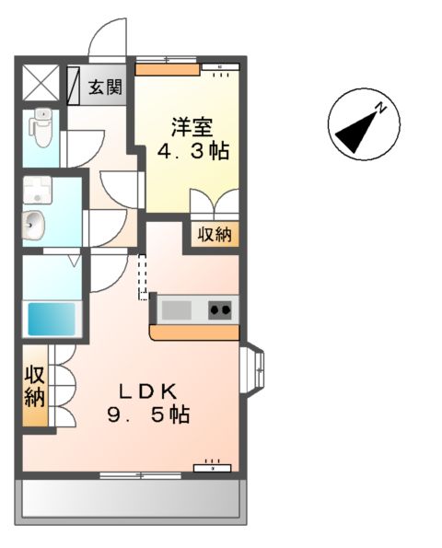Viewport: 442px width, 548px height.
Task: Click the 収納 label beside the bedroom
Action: click(215, 234)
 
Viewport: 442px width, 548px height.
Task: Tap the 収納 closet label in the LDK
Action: click(35, 387)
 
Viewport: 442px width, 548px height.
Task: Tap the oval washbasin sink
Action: click(34, 223)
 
